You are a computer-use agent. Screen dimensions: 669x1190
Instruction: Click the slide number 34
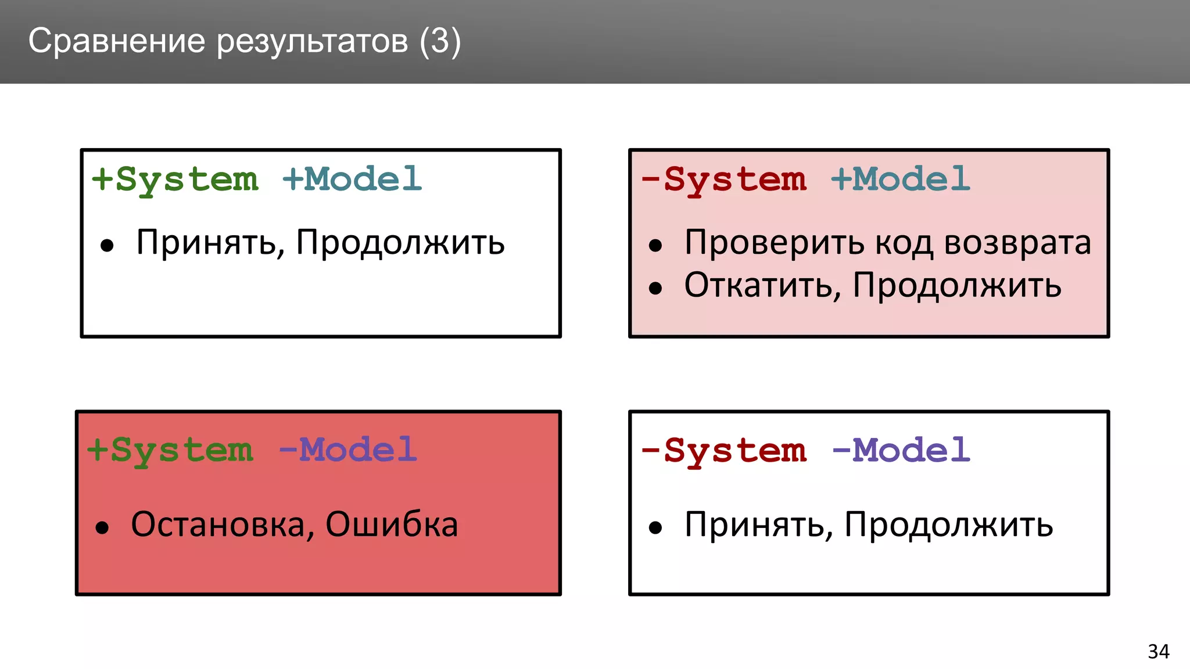(x=1158, y=652)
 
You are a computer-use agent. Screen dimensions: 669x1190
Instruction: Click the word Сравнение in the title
(x=117, y=41)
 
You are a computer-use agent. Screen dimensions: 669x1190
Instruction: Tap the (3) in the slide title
(x=440, y=41)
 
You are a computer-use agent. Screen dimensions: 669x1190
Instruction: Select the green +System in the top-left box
(x=175, y=179)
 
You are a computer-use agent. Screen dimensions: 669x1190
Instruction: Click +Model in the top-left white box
(x=352, y=179)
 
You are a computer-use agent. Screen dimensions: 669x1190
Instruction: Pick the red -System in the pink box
(x=724, y=179)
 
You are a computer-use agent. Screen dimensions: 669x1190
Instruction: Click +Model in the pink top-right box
(x=901, y=179)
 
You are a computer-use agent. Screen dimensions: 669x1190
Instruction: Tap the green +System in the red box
(x=170, y=451)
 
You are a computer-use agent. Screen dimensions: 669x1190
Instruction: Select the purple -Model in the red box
(x=347, y=451)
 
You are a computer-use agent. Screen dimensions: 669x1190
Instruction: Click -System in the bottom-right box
(x=724, y=451)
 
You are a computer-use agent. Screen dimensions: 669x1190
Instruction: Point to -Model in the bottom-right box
(x=901, y=451)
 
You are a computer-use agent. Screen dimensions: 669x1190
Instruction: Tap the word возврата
(x=1017, y=243)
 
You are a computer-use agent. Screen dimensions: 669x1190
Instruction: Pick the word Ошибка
(x=392, y=524)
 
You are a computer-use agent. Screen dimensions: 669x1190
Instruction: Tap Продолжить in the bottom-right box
(x=948, y=525)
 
